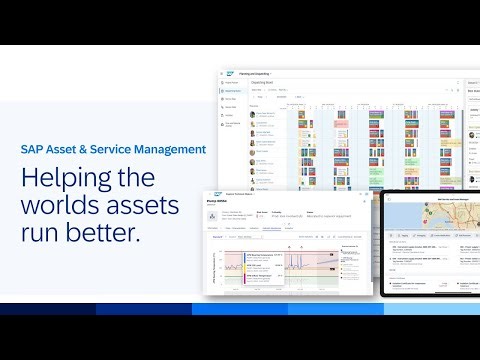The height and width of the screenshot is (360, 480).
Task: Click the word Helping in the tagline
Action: (66, 179)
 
